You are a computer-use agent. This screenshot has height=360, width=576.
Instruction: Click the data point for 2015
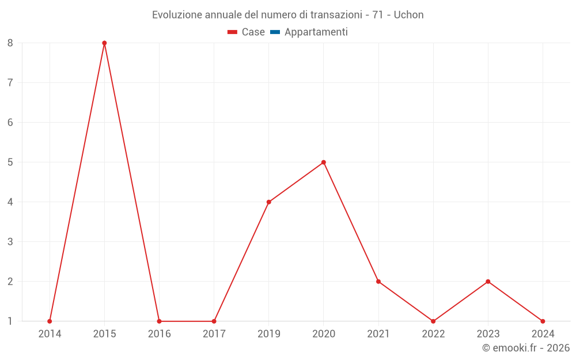click(104, 43)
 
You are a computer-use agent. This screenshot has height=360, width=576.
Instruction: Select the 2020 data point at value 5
click(324, 162)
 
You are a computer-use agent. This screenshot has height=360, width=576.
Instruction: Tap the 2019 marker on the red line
click(268, 202)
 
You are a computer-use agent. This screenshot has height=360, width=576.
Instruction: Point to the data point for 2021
click(378, 282)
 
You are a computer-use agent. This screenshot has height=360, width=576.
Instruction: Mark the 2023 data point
click(488, 282)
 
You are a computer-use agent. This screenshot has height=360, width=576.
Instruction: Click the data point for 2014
click(50, 321)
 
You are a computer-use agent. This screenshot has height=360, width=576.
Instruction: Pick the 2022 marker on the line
click(433, 321)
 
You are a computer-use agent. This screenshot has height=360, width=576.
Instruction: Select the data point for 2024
click(543, 321)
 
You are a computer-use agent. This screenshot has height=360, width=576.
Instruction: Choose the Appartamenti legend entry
click(316, 32)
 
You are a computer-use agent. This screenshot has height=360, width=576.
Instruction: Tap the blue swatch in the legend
click(275, 32)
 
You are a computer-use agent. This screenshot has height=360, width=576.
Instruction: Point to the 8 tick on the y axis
click(10, 43)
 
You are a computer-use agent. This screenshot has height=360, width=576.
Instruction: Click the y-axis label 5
click(10, 162)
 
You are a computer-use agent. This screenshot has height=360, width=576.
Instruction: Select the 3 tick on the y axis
click(10, 242)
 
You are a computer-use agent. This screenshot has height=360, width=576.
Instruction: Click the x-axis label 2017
click(214, 334)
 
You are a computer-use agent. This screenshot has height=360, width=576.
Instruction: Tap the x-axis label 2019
click(268, 334)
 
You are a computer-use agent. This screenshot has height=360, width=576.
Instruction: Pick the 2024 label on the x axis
click(543, 334)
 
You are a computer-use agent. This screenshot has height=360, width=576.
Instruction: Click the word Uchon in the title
click(408, 15)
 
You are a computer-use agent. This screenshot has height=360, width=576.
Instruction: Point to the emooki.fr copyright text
click(526, 348)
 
